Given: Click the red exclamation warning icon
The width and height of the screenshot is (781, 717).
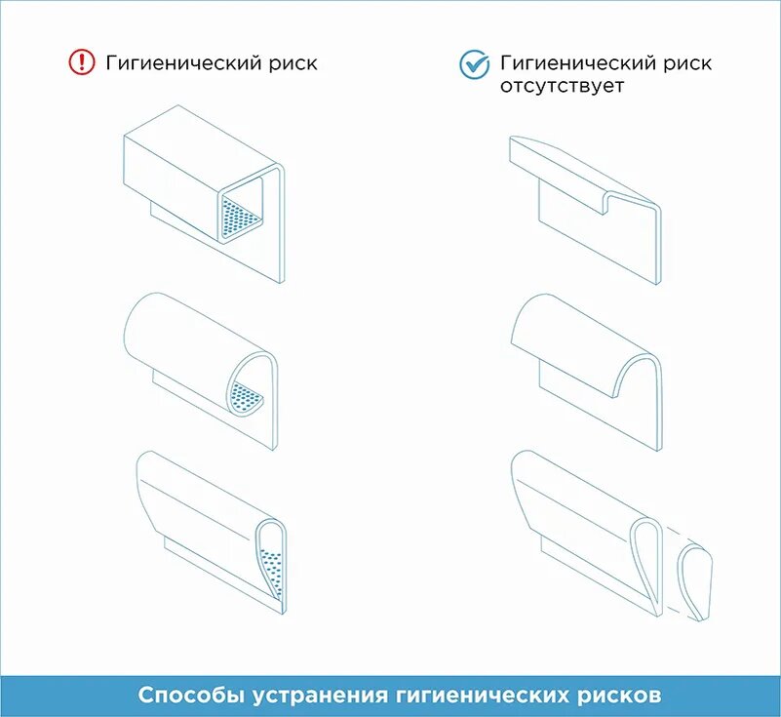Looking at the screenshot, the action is point(81,62).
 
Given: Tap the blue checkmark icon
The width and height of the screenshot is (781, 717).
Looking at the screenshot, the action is point(474,64).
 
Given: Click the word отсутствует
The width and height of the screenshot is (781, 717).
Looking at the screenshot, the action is point(562,86).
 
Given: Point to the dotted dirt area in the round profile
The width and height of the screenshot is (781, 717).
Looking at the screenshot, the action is point(246,397).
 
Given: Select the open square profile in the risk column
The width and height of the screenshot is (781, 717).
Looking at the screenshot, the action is point(204,194).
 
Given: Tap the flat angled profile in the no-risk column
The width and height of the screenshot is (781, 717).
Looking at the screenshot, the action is point(585,210).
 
